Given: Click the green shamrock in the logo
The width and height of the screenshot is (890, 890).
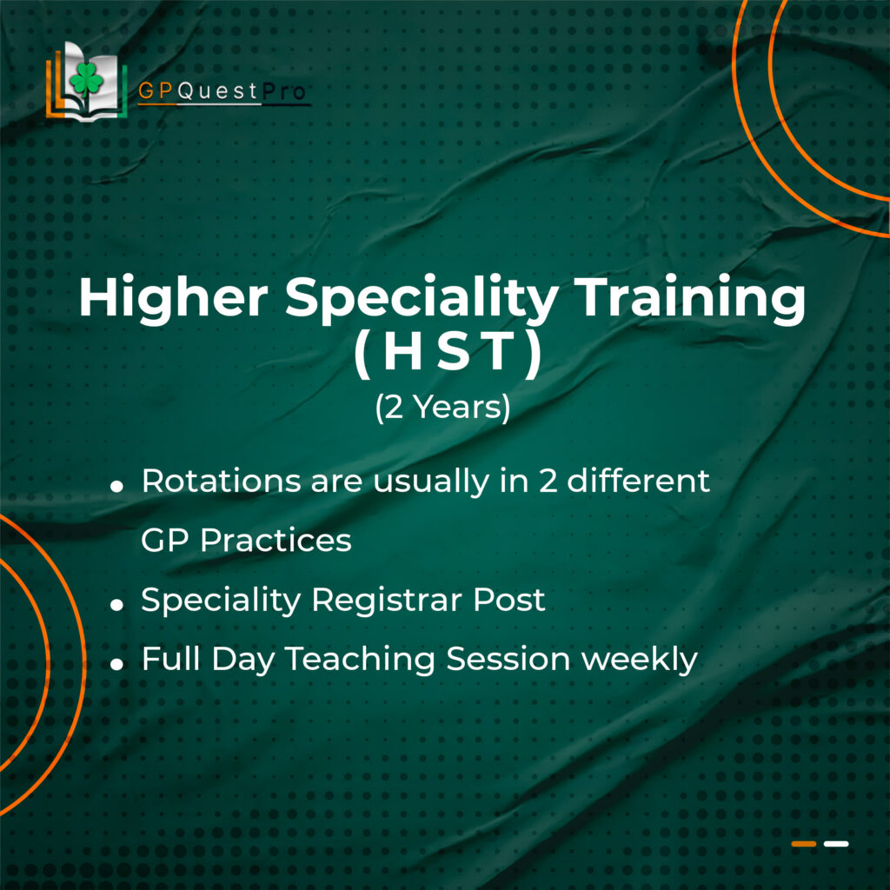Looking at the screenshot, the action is pos(86,80).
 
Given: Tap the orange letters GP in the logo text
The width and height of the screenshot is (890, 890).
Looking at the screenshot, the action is pos(156,90).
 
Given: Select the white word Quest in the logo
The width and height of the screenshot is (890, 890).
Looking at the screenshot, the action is pos(218,90).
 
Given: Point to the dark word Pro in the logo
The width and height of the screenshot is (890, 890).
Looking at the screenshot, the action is pos(284,90).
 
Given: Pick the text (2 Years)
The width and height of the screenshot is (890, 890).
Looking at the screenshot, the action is pos(442,408).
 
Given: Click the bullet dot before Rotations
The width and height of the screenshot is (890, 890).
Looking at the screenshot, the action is pos(117,487).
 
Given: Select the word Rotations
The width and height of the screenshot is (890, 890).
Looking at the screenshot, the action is pos(221,482).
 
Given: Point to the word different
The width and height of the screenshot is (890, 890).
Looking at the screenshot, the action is pos(638,481).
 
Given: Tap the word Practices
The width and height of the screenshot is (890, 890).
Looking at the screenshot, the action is pos(276,541).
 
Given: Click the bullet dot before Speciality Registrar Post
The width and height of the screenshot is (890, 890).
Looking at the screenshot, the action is pos(117,605).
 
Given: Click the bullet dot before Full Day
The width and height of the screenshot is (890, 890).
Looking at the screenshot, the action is pos(117,664).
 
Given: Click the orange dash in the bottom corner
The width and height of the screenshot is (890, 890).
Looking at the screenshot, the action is pos(804,844).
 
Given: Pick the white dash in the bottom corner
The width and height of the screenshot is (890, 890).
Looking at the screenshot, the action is pos(836,844).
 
